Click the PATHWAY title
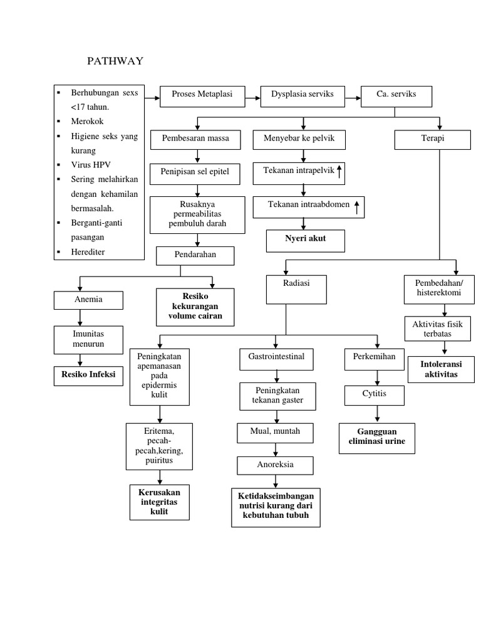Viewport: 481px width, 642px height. click(115, 61)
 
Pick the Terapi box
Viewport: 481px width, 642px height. click(432, 139)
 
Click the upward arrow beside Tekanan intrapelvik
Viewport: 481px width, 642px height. click(339, 172)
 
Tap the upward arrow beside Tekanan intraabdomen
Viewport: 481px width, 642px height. click(357, 206)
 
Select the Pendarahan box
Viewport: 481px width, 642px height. click(195, 256)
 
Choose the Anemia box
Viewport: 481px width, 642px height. click(88, 300)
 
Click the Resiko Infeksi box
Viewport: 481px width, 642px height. click(88, 375)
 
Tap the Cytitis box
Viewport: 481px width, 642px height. click(375, 396)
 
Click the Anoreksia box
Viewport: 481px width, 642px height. click(275, 465)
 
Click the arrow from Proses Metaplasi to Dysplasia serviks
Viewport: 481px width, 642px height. click(252, 97)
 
